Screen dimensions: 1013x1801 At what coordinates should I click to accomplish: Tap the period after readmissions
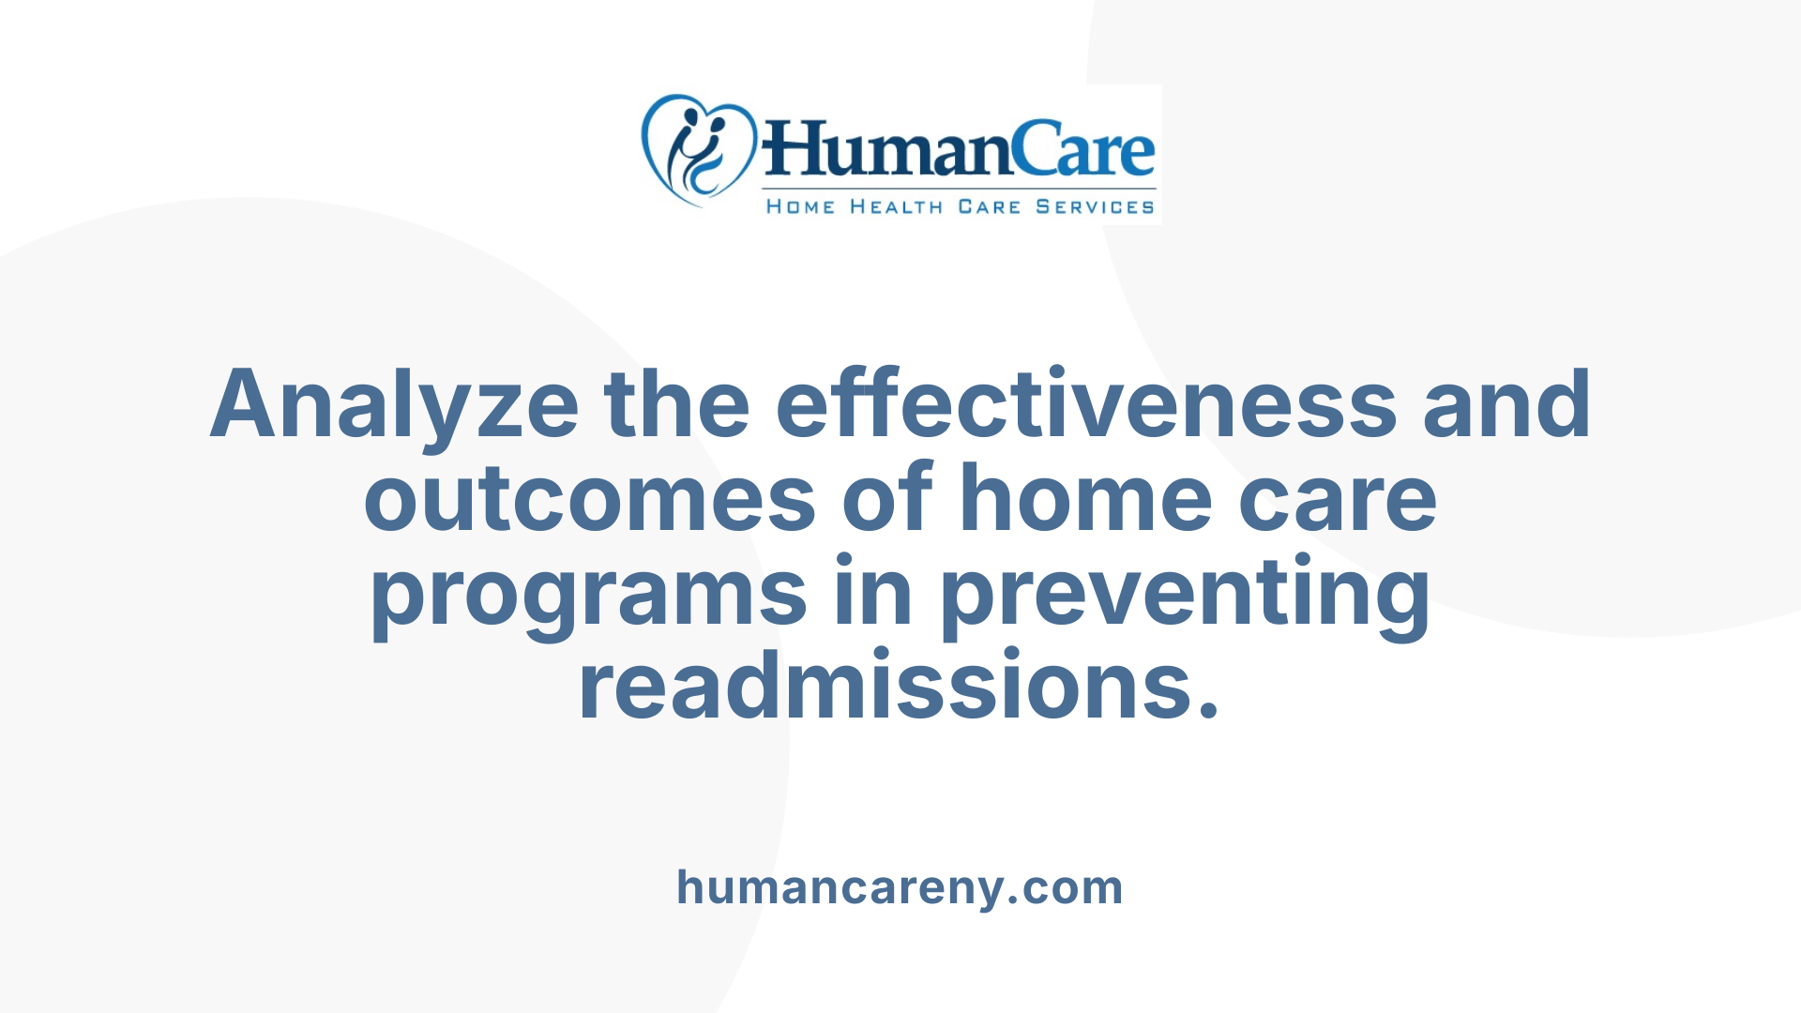pyautogui.click(x=1209, y=708)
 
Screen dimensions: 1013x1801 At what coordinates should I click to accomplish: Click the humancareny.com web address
pyautogui.click(x=900, y=887)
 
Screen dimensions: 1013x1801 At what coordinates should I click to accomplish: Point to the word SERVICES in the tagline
pyautogui.click(x=1095, y=207)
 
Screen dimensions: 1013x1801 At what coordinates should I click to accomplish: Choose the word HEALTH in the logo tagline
pyautogui.click(x=896, y=207)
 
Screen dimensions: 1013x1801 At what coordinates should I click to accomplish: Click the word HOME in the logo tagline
pyautogui.click(x=800, y=207)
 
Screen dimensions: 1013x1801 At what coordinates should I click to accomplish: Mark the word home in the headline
pyautogui.click(x=1086, y=499)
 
